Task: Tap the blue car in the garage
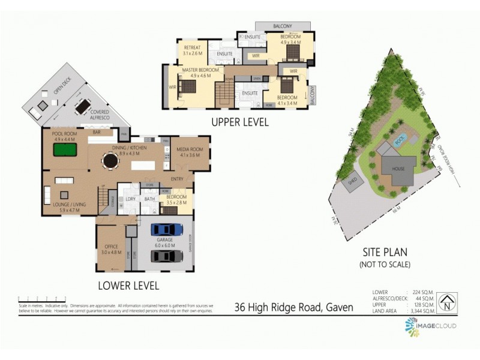pos(167,229)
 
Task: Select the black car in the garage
pos(167,256)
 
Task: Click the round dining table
pos(109,161)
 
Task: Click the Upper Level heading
pos(239,122)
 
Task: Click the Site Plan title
pos(385,253)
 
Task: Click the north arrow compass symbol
pos(447,301)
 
